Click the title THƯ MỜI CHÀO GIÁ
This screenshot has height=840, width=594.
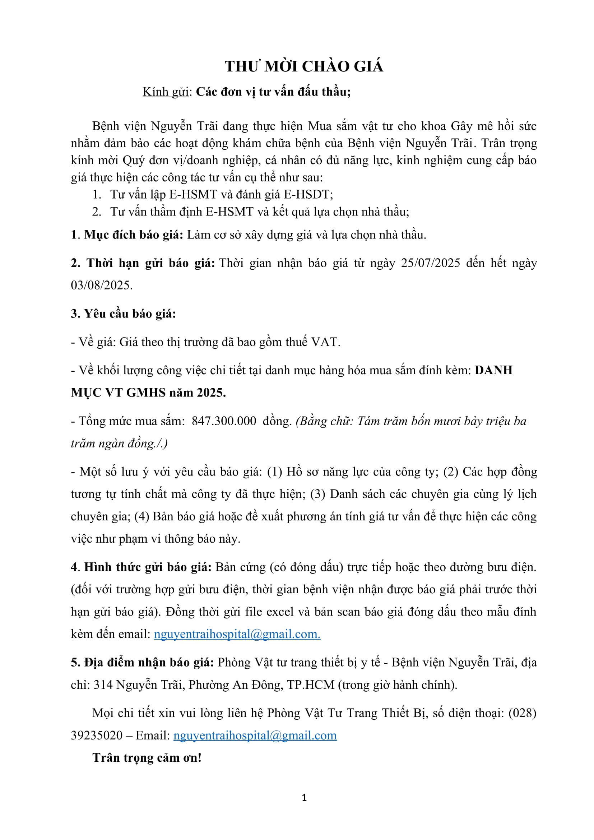tap(304, 66)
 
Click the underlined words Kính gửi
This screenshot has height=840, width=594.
tap(165, 92)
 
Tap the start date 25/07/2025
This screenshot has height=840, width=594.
tap(431, 263)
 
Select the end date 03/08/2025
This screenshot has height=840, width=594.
tap(101, 286)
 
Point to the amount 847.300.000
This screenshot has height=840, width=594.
tap(224, 421)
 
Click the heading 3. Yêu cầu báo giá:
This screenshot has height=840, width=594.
tap(123, 314)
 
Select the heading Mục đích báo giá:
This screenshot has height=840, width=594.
tap(134, 235)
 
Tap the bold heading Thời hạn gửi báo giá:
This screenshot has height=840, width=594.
tap(150, 263)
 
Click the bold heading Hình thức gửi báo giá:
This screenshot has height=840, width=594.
tap(148, 567)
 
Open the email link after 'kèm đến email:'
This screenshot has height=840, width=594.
tap(237, 634)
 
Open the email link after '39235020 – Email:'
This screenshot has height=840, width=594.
tap(255, 735)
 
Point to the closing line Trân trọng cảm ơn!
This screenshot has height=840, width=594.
tap(147, 758)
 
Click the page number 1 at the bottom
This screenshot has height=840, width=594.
tap(304, 798)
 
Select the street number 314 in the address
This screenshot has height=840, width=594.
tap(103, 685)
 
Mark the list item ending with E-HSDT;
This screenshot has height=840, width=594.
tap(221, 194)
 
